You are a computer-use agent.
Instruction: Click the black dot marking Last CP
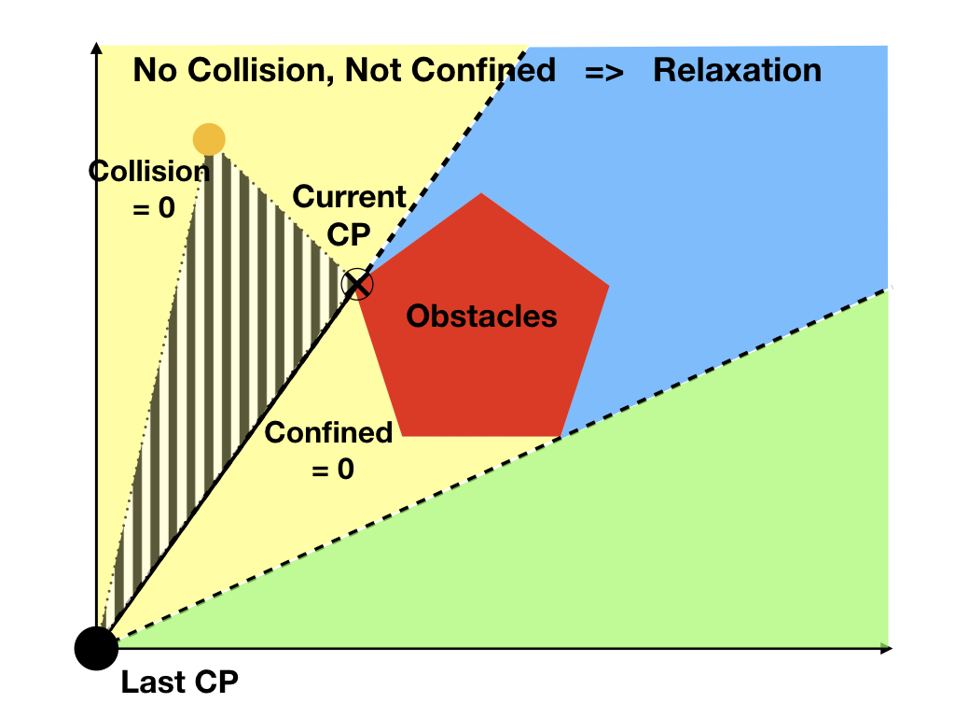pyautogui.click(x=96, y=647)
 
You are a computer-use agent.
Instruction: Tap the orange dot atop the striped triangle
pyautogui.click(x=209, y=139)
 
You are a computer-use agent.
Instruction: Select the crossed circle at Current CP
pyautogui.click(x=356, y=285)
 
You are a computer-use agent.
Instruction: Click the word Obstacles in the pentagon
pyautogui.click(x=481, y=316)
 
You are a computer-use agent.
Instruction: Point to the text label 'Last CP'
pyautogui.click(x=179, y=682)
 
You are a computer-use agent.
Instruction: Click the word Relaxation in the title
pyautogui.click(x=737, y=70)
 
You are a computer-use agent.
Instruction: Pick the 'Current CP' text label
pyautogui.click(x=350, y=215)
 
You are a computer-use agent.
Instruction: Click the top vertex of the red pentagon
pyautogui.click(x=481, y=193)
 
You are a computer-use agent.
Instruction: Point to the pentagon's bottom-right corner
pyautogui.click(x=560, y=435)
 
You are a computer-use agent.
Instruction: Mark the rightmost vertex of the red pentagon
pyautogui.click(x=609, y=286)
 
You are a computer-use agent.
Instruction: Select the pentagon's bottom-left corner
pyautogui.click(x=401, y=435)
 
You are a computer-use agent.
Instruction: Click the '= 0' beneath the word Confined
pyautogui.click(x=332, y=469)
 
